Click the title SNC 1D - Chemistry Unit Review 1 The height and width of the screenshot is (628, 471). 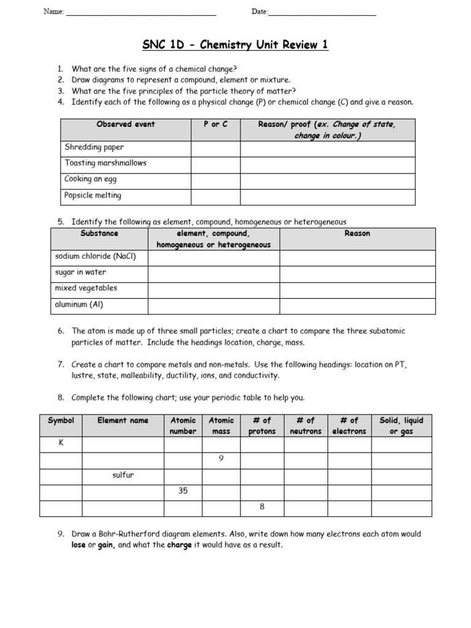(235, 45)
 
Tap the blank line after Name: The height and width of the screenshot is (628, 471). (140, 13)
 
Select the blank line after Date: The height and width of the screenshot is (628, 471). (323, 13)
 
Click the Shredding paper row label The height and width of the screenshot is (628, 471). (94, 147)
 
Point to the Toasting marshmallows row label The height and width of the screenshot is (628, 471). (105, 163)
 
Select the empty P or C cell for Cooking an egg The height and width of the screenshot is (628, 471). (215, 180)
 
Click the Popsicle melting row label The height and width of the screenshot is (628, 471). (93, 196)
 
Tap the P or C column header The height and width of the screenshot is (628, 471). (215, 124)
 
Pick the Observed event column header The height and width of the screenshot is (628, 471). (126, 124)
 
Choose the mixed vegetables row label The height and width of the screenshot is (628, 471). (86, 288)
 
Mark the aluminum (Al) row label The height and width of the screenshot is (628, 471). (78, 304)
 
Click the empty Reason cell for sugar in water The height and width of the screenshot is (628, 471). (358, 272)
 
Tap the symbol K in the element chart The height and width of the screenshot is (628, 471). (61, 443)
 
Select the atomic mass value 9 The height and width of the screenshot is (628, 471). (221, 459)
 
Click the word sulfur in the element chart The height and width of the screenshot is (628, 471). (123, 475)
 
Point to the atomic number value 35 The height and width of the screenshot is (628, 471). (183, 491)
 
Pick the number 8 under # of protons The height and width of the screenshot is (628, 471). (262, 507)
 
